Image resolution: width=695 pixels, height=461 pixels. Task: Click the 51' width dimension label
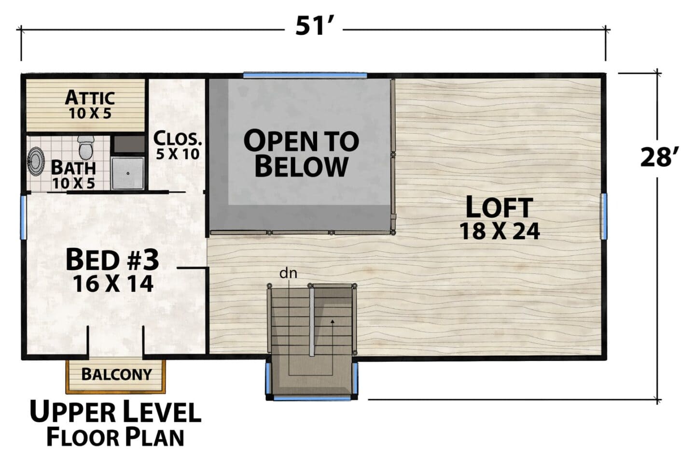click(x=314, y=26)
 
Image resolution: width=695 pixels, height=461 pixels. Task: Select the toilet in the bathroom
click(x=86, y=147)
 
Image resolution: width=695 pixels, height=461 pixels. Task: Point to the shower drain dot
click(x=128, y=173)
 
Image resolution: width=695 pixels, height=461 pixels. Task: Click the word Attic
click(x=90, y=97)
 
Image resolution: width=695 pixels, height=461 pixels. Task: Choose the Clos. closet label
click(x=178, y=139)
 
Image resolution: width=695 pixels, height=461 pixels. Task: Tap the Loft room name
click(x=499, y=207)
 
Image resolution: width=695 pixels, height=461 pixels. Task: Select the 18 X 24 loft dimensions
click(x=500, y=232)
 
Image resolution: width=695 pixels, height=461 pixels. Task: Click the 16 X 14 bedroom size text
click(x=113, y=284)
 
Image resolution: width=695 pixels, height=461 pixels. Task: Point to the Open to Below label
click(x=301, y=154)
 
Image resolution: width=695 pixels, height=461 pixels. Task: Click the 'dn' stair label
click(x=288, y=274)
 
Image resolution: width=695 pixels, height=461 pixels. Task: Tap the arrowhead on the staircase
click(x=332, y=321)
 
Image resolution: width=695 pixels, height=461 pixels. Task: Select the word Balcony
click(x=117, y=375)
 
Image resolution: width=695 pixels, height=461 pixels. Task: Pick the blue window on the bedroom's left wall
click(x=24, y=217)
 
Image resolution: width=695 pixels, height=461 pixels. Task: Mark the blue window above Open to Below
click(x=305, y=75)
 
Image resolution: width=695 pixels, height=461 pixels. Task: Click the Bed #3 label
click(x=112, y=260)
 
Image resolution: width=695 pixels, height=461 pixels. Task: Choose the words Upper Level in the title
click(x=115, y=412)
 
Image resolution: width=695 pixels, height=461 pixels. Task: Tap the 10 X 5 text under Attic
click(x=90, y=114)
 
